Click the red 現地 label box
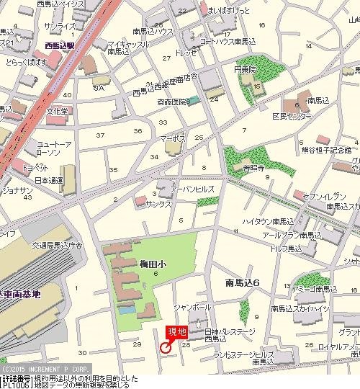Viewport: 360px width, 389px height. pyautogui.click(x=176, y=331)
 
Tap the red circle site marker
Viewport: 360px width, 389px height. pyautogui.click(x=165, y=348)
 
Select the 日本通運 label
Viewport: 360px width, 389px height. pyautogui.click(x=49, y=179)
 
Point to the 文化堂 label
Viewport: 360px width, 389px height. pyautogui.click(x=57, y=112)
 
